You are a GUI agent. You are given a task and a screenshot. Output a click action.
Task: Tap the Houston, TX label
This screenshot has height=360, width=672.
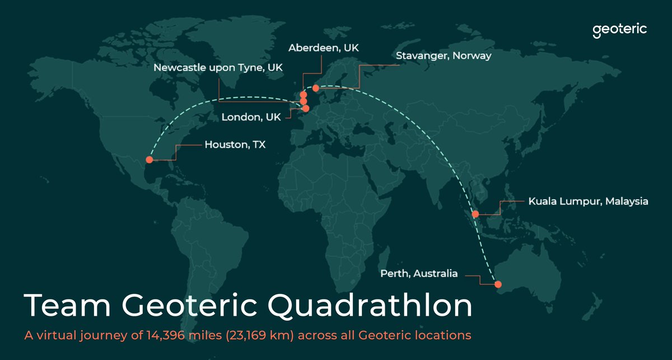[x=235, y=144]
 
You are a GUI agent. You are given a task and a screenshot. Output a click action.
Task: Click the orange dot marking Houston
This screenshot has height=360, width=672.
[x=149, y=160]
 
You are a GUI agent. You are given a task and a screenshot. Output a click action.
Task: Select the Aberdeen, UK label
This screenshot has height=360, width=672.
[x=323, y=49]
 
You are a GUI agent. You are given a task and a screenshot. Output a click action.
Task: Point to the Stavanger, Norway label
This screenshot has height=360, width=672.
[x=444, y=56]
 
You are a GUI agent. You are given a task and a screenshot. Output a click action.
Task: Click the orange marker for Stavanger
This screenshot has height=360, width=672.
[x=316, y=88]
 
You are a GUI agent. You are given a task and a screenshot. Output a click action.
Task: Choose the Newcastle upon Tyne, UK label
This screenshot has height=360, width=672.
[x=218, y=68]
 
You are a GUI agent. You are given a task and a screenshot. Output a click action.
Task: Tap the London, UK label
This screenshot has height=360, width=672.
[x=251, y=118]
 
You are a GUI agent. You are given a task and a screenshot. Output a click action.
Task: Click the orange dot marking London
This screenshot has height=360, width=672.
[x=305, y=109]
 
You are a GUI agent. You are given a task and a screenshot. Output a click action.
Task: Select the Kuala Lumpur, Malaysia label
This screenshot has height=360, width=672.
[x=588, y=200]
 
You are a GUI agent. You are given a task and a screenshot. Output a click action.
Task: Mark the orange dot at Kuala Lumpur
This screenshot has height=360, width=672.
[x=475, y=214]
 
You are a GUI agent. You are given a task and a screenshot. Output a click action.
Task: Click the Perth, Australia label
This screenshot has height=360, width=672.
[x=419, y=274]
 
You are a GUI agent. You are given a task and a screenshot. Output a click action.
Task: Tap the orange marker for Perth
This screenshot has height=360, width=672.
[x=498, y=284]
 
